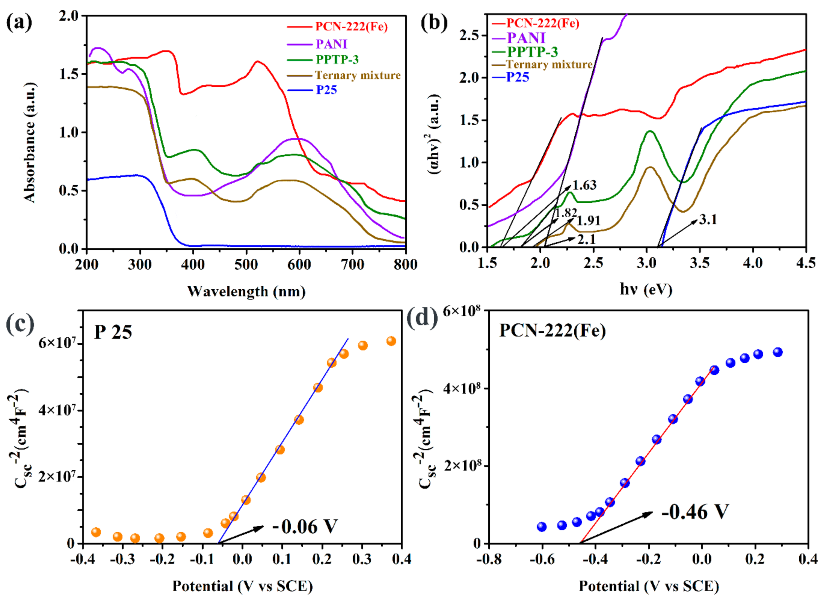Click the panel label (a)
pos(19,23)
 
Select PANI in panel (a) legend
pos(331,44)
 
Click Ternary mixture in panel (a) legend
pos(358,75)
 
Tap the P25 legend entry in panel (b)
pos(518,77)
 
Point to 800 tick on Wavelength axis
pos(405,265)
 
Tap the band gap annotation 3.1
pos(708,220)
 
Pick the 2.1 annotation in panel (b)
pos(586,239)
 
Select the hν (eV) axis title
pos(646,290)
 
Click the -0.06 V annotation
pos(305,527)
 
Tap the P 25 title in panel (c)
pos(113,332)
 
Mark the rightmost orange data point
pos(391,341)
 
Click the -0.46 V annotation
pos(695,512)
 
